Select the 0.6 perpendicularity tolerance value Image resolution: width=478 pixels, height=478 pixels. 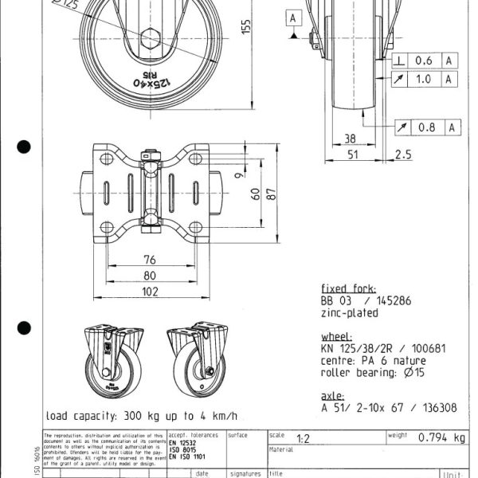pyautogui.click(x=425, y=61)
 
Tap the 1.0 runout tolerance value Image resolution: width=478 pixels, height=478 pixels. pyautogui.click(x=425, y=78)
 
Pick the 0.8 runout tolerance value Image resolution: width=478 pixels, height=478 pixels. pyautogui.click(x=425, y=127)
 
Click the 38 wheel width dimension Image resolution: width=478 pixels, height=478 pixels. pyautogui.click(x=349, y=139)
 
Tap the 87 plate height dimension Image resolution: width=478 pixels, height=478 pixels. pyautogui.click(x=273, y=192)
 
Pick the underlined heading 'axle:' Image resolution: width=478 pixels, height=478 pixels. pyautogui.click(x=334, y=394)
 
